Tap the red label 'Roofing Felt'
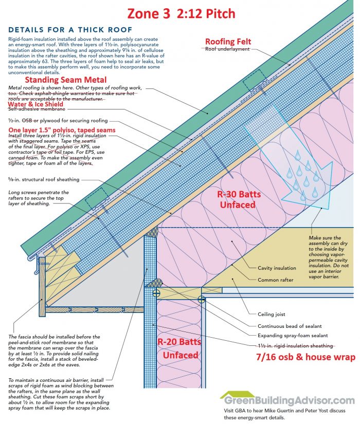[x=228, y=41]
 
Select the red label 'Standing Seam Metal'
[x=66, y=80]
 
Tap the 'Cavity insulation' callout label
[x=277, y=268]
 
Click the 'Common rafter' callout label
[x=276, y=280]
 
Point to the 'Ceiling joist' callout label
[x=272, y=314]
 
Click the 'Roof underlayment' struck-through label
[x=227, y=49]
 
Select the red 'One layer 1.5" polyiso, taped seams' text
[x=62, y=130]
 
